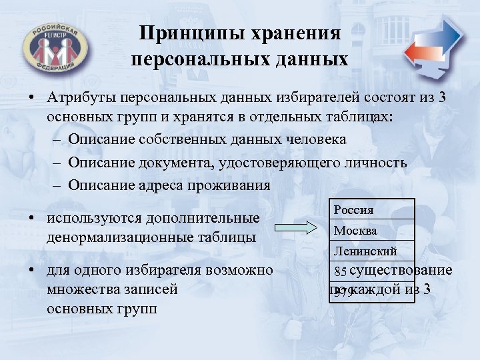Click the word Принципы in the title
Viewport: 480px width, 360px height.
coord(183,33)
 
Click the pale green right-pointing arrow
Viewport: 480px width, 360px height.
coord(298,229)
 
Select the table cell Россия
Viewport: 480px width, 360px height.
coord(354,209)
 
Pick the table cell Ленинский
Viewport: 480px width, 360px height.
coord(365,251)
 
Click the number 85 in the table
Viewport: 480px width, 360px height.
coord(341,271)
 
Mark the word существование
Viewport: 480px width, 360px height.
coord(401,270)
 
